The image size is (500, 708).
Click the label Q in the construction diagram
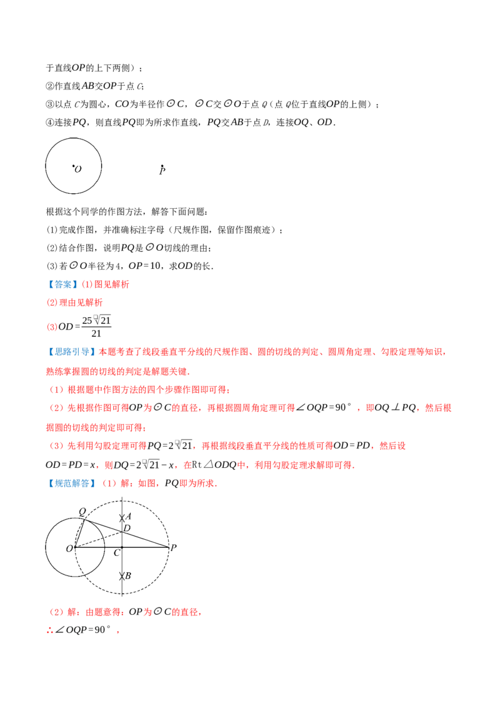[x=82, y=512]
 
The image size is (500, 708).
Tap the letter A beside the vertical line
[x=128, y=516]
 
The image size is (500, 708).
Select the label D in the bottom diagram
[x=127, y=528]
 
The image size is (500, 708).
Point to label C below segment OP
[x=117, y=553]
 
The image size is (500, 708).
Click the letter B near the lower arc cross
[x=128, y=575]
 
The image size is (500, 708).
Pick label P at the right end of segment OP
[x=174, y=548]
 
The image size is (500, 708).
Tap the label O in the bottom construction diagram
[x=69, y=549]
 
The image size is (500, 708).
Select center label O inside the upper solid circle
[x=77, y=169]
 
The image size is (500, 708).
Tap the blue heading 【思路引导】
[x=72, y=351]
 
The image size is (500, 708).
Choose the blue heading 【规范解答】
[x=72, y=483]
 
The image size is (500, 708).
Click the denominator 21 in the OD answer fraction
[x=96, y=334]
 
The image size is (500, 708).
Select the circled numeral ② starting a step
[x=50, y=86]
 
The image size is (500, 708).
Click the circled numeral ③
[x=50, y=104]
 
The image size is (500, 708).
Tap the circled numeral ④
[x=50, y=123]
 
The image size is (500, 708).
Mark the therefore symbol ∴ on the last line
[x=50, y=630]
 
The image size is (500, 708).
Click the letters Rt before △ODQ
[x=197, y=465]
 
